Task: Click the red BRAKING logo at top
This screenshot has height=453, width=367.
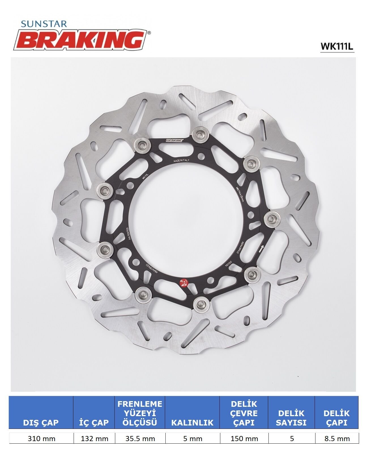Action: tap(82, 40)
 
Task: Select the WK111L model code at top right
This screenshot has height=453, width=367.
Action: tap(337, 46)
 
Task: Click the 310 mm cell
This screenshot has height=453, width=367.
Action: tap(41, 439)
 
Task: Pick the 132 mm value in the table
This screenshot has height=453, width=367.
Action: tap(94, 439)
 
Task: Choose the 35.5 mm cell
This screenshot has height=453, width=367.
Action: tap(140, 439)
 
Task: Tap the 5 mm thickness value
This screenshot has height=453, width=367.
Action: tap(193, 439)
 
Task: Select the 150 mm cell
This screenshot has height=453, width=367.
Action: tap(244, 439)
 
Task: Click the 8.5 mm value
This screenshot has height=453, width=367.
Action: tap(337, 439)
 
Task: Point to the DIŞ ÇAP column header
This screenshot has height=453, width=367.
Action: tap(41, 422)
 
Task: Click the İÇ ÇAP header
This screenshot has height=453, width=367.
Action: tap(94, 422)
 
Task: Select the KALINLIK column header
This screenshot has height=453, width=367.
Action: tap(193, 422)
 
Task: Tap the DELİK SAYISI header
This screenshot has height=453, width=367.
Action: tap(291, 418)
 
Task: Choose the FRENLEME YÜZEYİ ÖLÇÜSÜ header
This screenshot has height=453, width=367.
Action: tap(140, 413)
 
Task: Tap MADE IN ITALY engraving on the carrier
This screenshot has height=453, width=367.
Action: tap(181, 160)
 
